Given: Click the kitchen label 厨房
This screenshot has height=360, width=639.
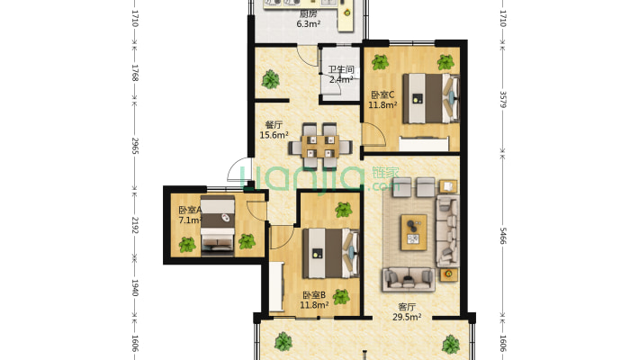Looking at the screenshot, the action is tap(308, 14).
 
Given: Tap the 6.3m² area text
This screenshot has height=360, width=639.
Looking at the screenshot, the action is tap(308, 24).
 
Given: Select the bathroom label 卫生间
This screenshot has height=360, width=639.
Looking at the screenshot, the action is tap(341, 69).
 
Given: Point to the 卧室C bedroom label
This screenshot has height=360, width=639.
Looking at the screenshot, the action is tap(382, 95).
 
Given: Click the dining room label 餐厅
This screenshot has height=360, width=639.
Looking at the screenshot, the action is tap(274, 125).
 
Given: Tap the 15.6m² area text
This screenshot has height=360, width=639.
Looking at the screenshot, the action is tap(274, 135).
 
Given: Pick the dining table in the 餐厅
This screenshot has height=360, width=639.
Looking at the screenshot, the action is tap(320, 147).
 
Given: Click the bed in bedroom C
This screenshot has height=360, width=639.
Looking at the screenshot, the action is tap(431, 98).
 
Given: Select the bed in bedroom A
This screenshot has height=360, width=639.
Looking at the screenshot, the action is tap(218, 226).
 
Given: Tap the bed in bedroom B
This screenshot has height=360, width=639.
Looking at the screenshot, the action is tap(330, 253).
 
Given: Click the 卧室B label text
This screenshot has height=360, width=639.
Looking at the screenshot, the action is tap(314, 295).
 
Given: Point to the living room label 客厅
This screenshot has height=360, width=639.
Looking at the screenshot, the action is tap(407, 307).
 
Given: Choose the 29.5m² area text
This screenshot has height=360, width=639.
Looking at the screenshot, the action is tap(407, 317).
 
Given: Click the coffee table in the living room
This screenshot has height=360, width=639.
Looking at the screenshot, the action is tap(414, 232).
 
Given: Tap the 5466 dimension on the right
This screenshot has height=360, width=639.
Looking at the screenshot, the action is tap(502, 236).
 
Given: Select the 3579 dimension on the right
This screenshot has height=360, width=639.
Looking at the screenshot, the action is tap(502, 100).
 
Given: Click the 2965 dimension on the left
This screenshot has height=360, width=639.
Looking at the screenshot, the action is tap(135, 146).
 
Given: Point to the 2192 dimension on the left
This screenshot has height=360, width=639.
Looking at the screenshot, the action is tap(135, 225).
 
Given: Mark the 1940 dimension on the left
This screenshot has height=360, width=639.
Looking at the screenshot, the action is tap(135, 288).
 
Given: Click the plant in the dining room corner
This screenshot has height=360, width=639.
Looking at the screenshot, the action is tap(270, 79).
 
